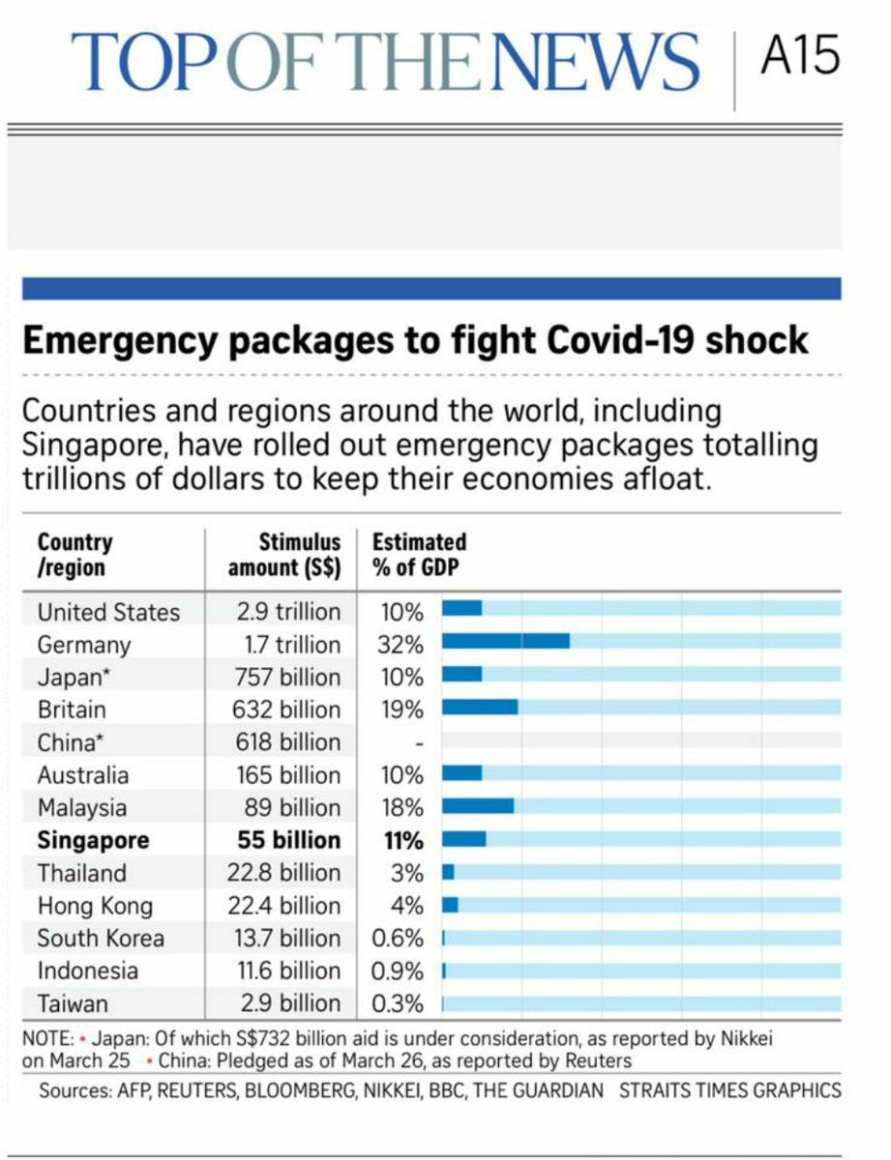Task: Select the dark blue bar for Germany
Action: coord(506,641)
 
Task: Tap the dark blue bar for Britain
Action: coord(480,707)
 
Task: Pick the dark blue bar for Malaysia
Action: coord(478,805)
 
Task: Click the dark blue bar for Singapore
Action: coord(464,838)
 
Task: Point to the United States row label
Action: coord(108,612)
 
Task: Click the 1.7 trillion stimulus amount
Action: coord(288,645)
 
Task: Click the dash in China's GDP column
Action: coord(419,743)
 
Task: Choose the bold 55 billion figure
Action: coord(289,839)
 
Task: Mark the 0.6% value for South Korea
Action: coord(398,938)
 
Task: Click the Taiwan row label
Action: coord(73,1003)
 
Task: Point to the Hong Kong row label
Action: coord(95,906)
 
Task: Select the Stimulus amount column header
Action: coord(285,555)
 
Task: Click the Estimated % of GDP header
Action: coord(419,555)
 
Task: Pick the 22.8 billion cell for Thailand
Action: coord(288,873)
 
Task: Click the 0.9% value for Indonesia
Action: coord(398,971)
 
